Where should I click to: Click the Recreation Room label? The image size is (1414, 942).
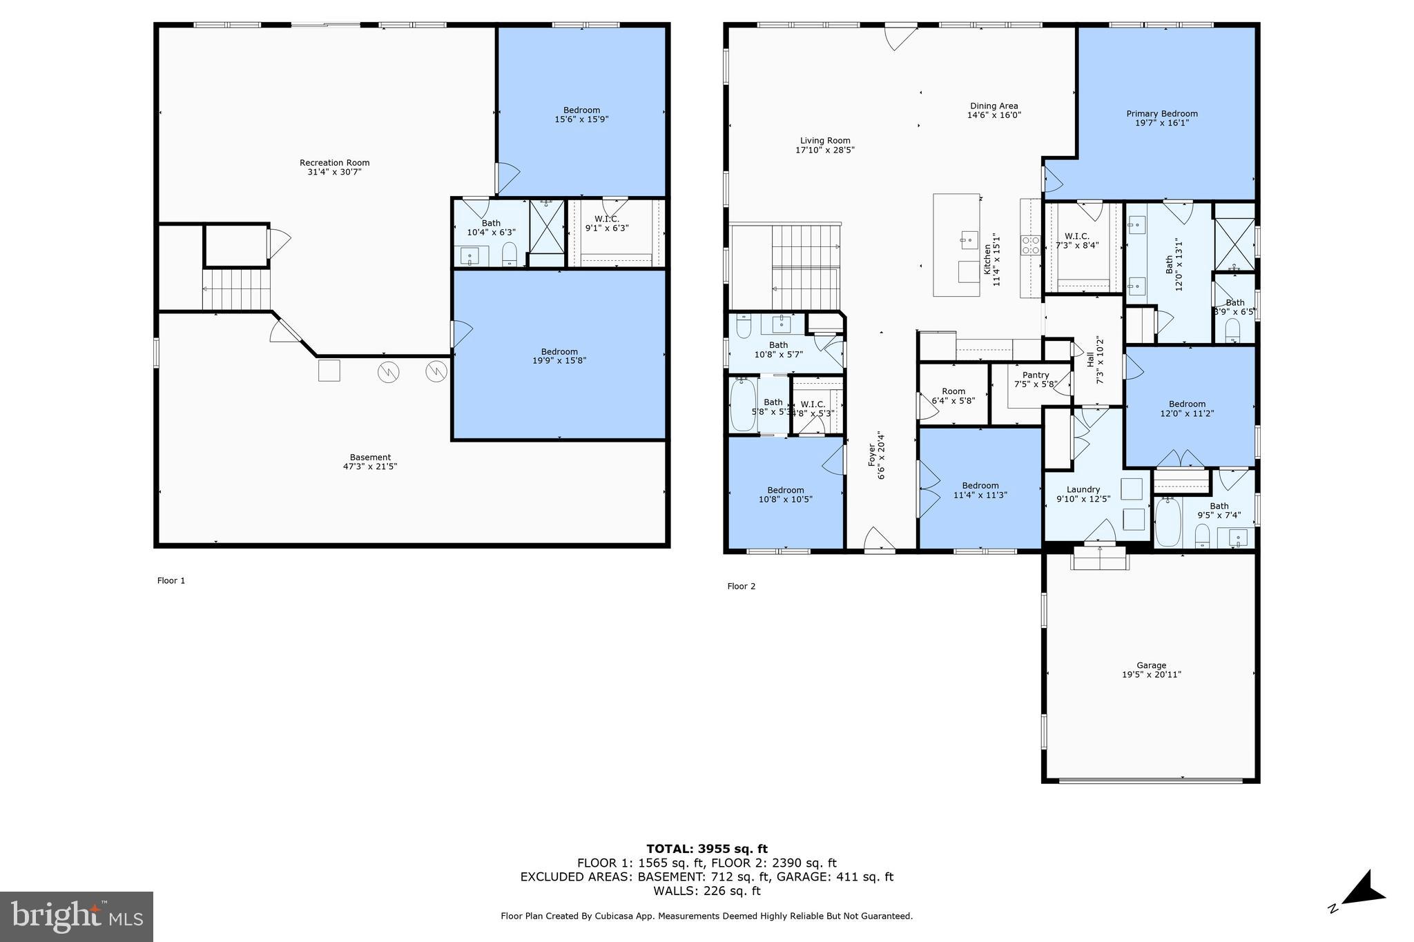(334, 164)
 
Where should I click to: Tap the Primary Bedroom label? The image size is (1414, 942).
(1162, 114)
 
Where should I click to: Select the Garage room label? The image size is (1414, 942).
(1151, 666)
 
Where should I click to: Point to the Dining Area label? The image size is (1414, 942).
(994, 106)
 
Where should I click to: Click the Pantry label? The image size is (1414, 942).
(1036, 375)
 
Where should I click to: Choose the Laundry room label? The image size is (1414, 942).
(1083, 490)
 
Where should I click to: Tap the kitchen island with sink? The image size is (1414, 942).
(956, 245)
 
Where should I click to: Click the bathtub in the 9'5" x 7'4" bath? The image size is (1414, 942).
(1168, 522)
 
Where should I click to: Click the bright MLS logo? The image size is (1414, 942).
(77, 916)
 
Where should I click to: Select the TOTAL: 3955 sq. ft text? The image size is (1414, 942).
(706, 849)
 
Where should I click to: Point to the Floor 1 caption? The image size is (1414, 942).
(171, 581)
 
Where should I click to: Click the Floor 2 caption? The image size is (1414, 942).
(741, 587)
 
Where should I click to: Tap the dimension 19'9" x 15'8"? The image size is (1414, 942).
(559, 360)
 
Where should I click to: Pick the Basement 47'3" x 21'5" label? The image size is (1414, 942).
(370, 462)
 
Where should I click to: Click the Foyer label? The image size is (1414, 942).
(871, 455)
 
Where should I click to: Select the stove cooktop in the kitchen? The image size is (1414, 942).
(1031, 246)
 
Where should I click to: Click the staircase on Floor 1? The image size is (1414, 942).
(236, 289)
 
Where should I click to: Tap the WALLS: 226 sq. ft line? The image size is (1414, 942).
(706, 891)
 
